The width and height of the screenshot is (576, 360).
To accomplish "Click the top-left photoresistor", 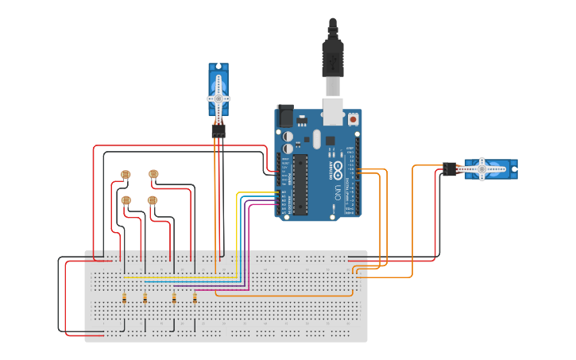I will tap(125, 175).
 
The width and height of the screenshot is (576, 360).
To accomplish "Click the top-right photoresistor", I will tap(153, 174).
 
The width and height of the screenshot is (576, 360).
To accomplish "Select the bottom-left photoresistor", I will tap(126, 199).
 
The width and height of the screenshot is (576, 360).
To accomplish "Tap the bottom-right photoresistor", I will tap(153, 199).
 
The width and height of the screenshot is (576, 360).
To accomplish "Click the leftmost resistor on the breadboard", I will tap(124, 298).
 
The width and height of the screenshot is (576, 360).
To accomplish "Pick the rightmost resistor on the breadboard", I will tap(195, 298).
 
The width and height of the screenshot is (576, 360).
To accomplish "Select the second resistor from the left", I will tap(145, 298).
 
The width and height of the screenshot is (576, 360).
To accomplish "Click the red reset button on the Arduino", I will tap(353, 119).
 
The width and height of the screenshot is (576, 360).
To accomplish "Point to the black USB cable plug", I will tap(332, 60).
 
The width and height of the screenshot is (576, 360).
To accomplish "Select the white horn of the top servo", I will tap(218, 99).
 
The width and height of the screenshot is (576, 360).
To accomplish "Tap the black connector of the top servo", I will tap(218, 131).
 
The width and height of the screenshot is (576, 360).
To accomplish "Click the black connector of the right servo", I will tap(450, 168).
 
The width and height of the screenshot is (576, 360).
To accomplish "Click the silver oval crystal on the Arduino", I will tap(316, 141).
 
